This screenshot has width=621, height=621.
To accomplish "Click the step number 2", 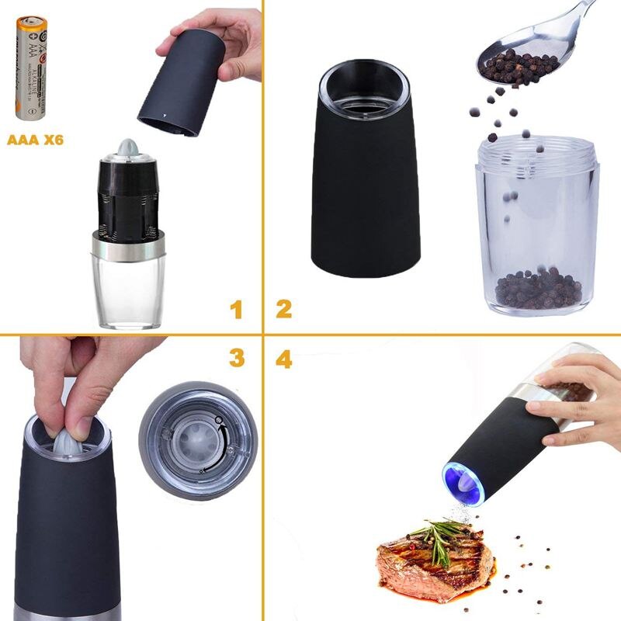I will (x=283, y=309).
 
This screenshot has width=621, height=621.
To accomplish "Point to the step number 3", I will (x=237, y=358).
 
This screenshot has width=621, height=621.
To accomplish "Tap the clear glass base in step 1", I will (x=128, y=291).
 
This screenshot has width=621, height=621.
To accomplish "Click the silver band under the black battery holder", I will (x=128, y=246).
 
